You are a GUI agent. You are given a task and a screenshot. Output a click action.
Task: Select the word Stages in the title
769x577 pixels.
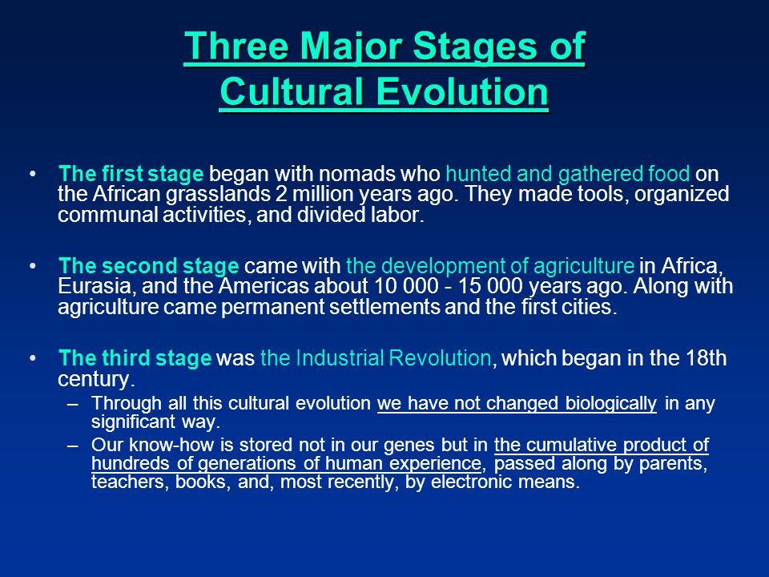[473, 47]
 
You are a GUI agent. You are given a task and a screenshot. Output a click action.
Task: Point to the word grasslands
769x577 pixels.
[218, 195]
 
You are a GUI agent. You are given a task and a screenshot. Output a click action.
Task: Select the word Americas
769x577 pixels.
[263, 286]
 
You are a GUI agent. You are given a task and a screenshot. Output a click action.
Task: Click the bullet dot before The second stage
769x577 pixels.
[33, 266]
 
